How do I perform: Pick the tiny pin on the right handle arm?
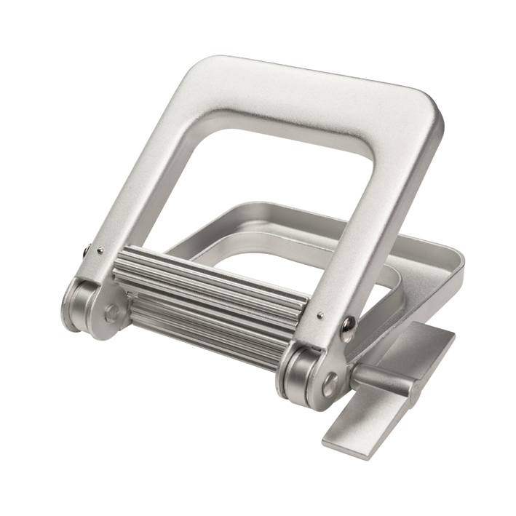[x=320, y=315]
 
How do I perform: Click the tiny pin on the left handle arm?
[x=100, y=250]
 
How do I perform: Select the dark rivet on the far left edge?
[x=87, y=250]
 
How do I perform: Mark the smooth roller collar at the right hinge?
[x=295, y=371]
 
